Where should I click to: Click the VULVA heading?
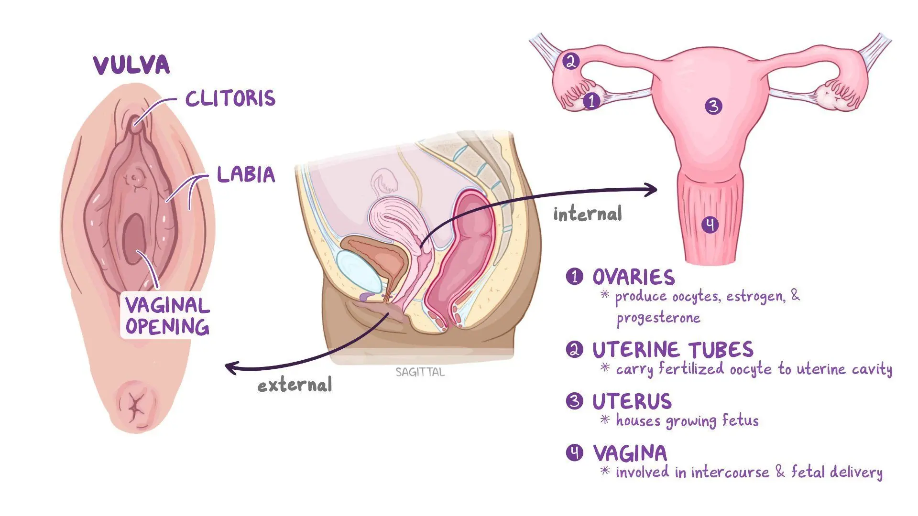coord(131,65)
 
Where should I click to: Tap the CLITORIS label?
coord(230,98)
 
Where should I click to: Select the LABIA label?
coord(246,174)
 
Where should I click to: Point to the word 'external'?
coord(295,385)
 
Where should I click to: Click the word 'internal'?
coord(588,214)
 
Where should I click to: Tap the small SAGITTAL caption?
coord(420,372)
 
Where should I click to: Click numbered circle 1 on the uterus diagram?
coord(592,101)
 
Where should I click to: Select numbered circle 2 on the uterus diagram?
coord(570,61)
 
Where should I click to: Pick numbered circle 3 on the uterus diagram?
coord(713,106)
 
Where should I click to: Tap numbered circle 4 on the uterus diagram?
coord(710,225)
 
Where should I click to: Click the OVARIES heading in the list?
coord(634,277)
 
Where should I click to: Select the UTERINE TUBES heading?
coord(673,350)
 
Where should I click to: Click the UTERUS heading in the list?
coord(632,401)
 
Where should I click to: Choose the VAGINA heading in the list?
coord(630,453)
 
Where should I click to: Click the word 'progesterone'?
coord(658,318)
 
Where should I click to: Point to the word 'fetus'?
coord(740,420)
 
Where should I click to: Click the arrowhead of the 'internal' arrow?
coord(652,190)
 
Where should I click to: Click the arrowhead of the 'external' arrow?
coord(231,368)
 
